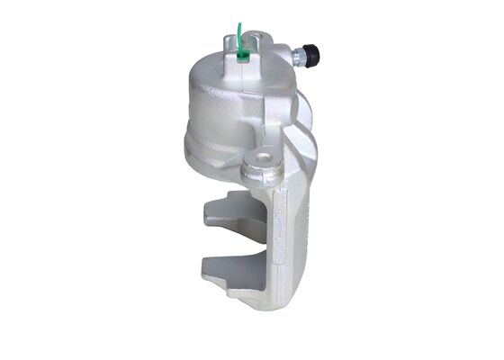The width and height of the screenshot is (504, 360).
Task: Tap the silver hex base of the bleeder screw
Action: point(298,57)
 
